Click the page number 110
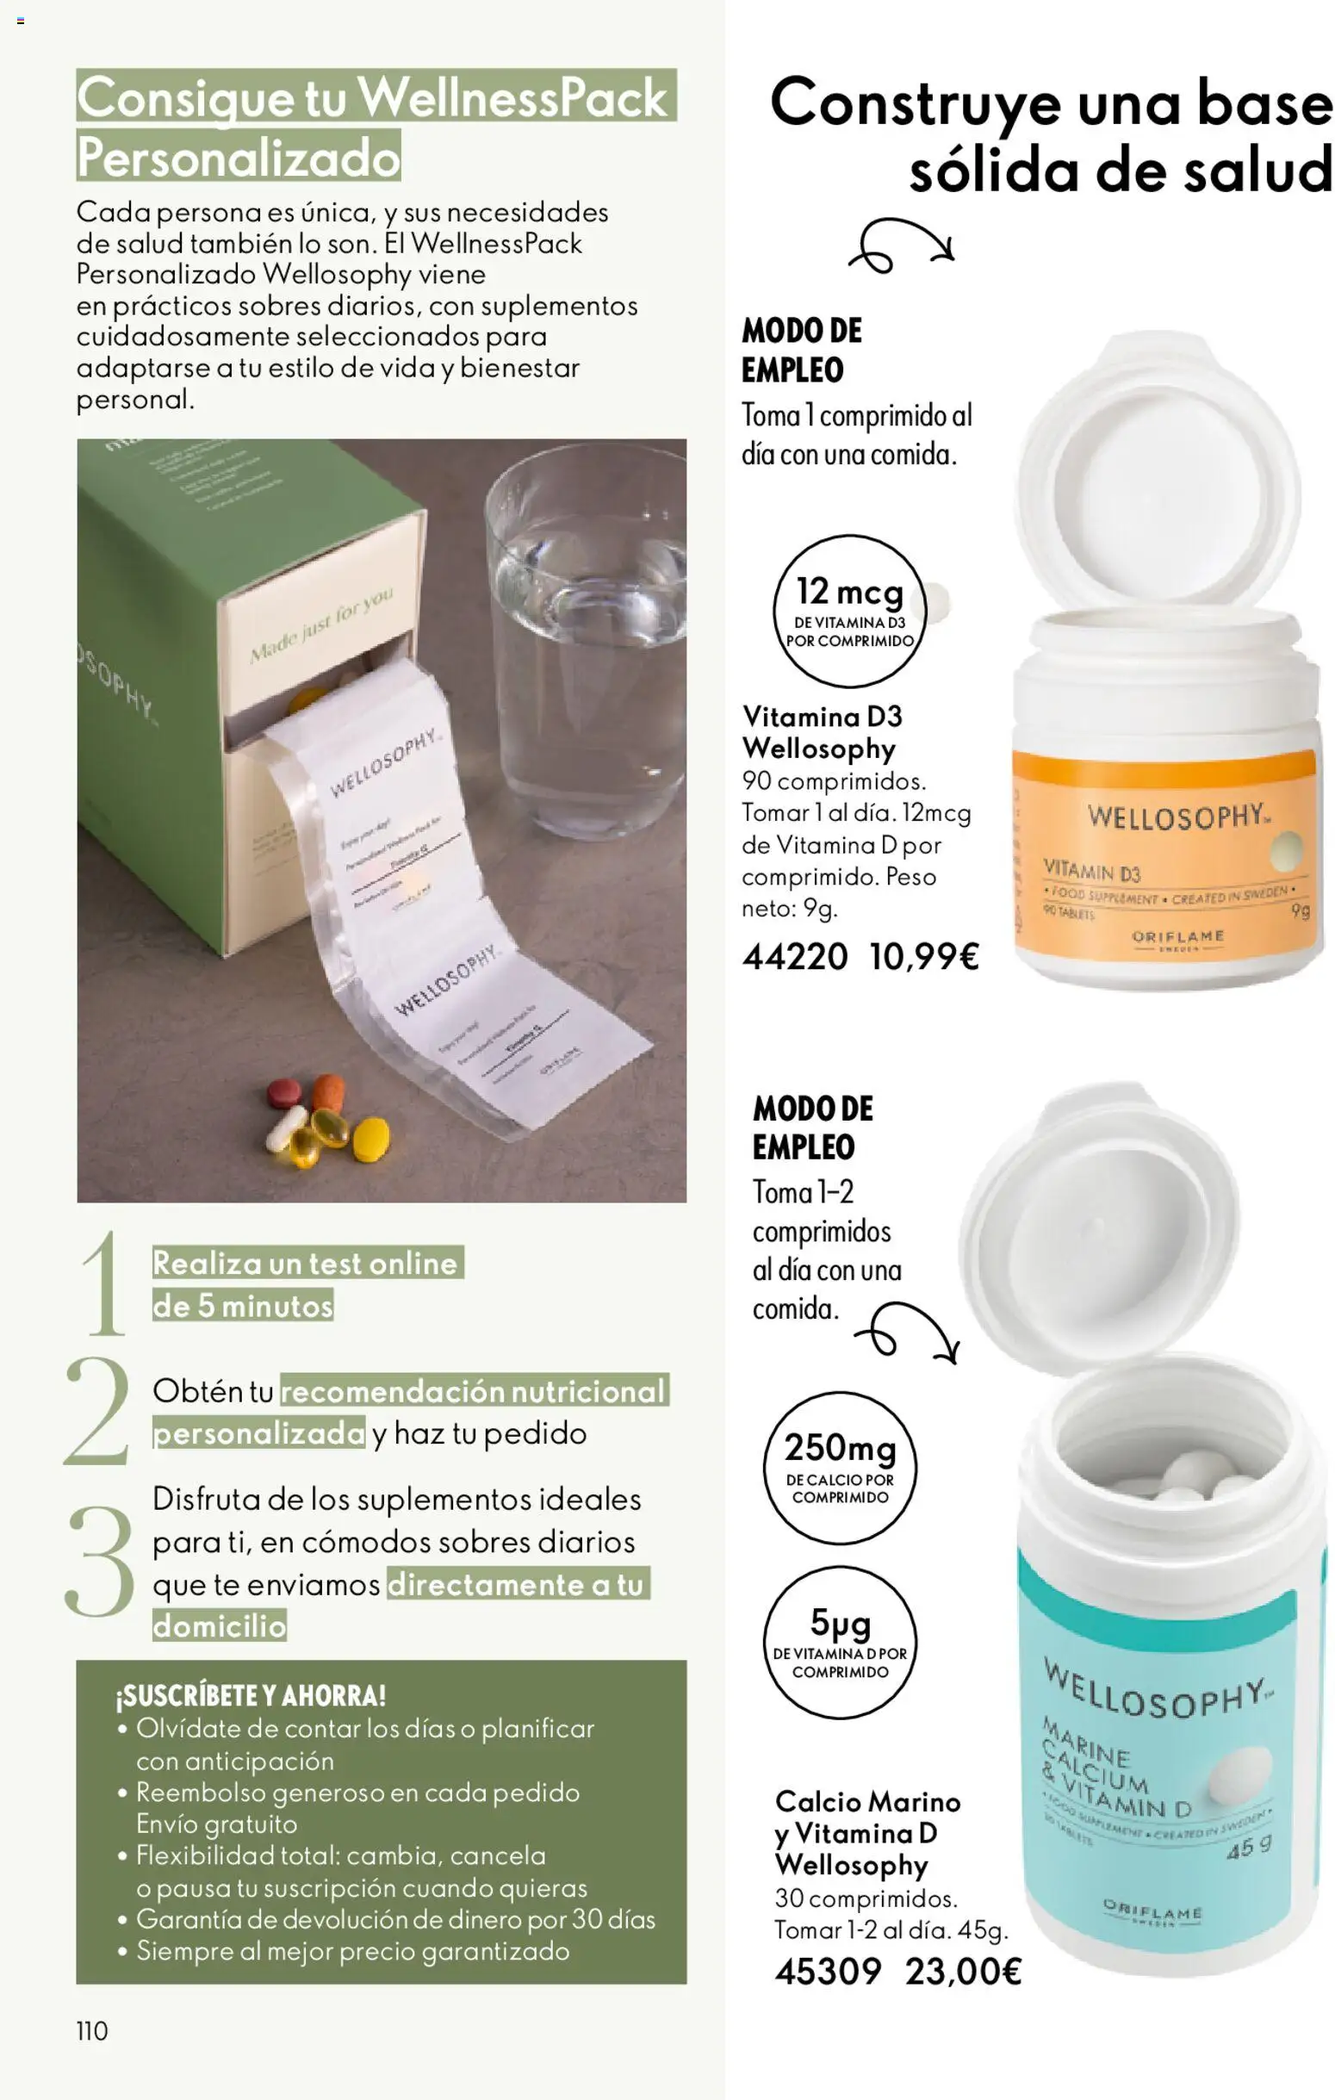pyautogui.click(x=91, y=2030)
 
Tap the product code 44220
pyautogui.click(x=794, y=957)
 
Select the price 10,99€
pyautogui.click(x=923, y=957)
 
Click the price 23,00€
pyautogui.click(x=963, y=1972)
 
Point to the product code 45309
pyautogui.click(x=828, y=1972)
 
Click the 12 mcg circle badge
pyautogui.click(x=848, y=612)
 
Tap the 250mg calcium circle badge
pyautogui.click(x=840, y=1468)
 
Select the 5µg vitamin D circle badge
pyautogui.click(x=840, y=1642)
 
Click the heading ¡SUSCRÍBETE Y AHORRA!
pyautogui.click(x=251, y=1696)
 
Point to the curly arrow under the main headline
pyautogui.click(x=900, y=246)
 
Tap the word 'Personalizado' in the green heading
pyautogui.click(x=238, y=158)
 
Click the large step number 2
pyautogui.click(x=97, y=1410)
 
